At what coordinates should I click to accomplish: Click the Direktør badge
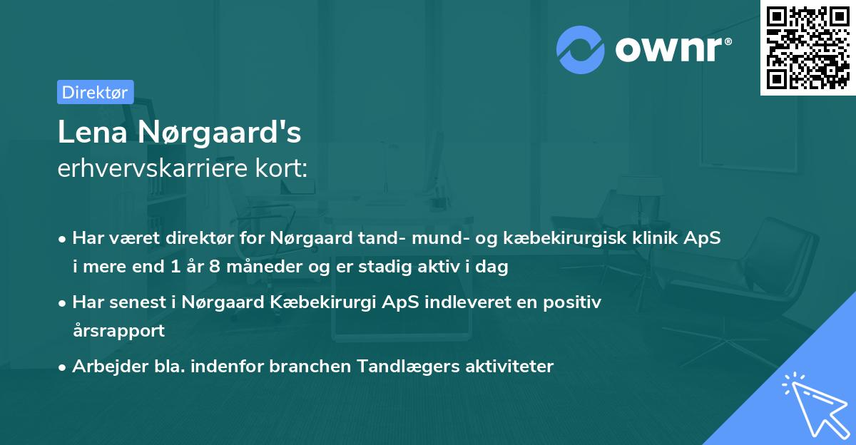95,92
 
